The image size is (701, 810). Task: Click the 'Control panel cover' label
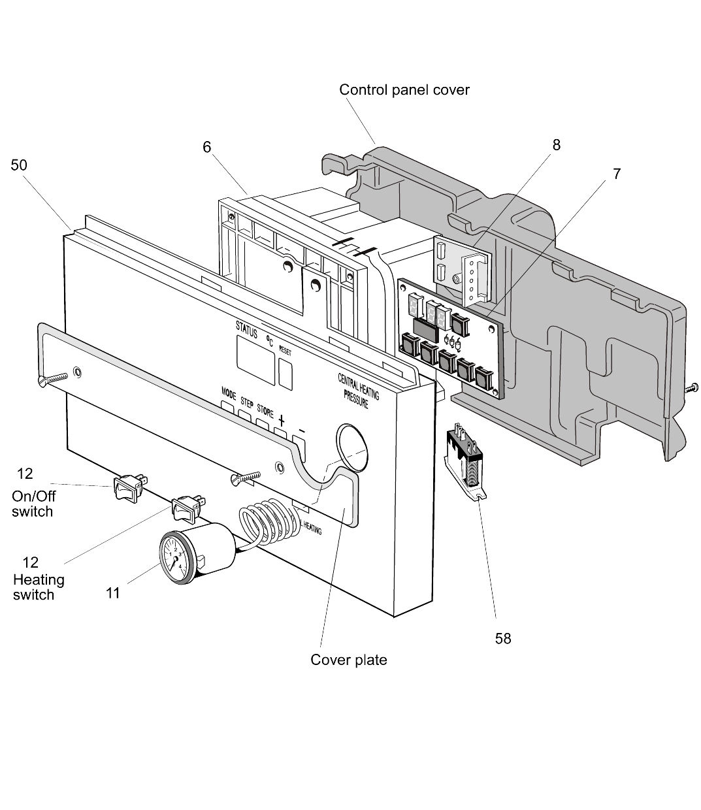tap(404, 89)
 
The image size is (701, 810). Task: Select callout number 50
tap(19, 165)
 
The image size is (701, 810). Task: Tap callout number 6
tap(206, 148)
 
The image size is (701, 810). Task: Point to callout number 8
tap(556, 145)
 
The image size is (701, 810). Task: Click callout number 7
tap(617, 174)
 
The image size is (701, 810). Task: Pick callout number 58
tap(502, 638)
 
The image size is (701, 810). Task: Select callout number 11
tap(113, 593)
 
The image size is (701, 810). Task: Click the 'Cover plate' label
tap(348, 660)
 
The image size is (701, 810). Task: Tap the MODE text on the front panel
tap(228, 393)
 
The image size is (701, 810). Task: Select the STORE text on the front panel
tap(265, 410)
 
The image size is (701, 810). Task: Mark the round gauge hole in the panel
tap(351, 446)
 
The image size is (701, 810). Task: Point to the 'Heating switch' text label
tap(39, 587)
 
